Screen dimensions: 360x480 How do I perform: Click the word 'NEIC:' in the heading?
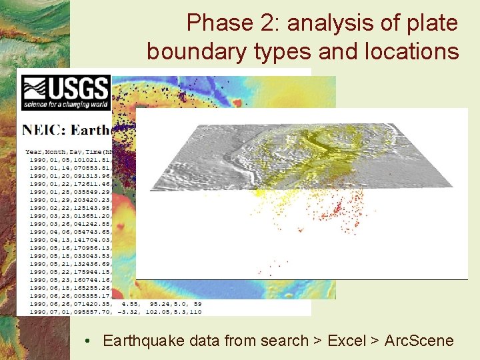pos(47,130)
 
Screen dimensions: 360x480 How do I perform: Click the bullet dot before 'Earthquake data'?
pos(88,341)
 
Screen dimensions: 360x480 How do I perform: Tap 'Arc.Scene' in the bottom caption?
pos(420,341)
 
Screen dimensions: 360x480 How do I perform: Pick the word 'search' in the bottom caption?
pos(285,341)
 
